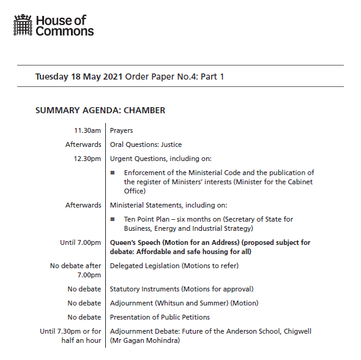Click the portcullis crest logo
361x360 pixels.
(23, 25)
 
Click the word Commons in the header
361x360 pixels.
(65, 31)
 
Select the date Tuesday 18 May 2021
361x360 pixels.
(78, 77)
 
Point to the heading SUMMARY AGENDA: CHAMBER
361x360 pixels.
(100, 111)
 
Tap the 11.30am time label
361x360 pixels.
(87, 130)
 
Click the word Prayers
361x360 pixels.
(121, 130)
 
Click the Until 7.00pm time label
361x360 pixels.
(80, 242)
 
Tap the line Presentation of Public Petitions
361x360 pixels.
(160, 317)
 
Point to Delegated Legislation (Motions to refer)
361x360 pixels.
(174, 266)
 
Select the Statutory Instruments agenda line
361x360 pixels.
(181, 289)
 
